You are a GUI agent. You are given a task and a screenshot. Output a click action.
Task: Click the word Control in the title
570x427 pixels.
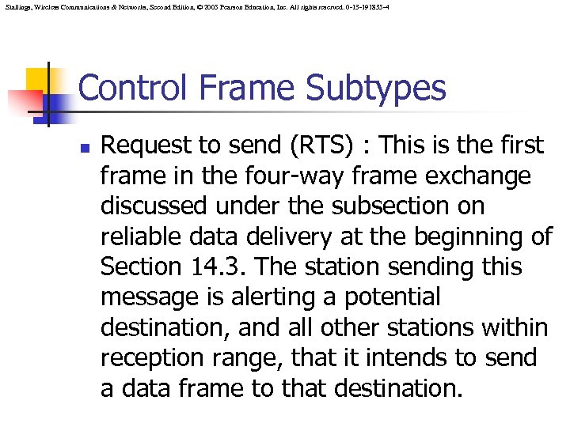(131, 88)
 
